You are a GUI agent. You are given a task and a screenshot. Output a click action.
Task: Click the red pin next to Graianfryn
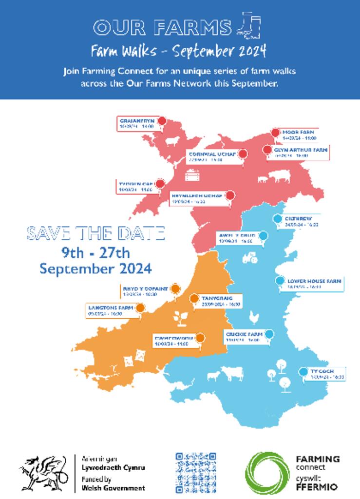[x=162, y=121]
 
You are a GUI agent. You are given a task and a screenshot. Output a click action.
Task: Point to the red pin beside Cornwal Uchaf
[x=243, y=154]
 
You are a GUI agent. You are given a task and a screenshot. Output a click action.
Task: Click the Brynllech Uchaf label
[x=197, y=198]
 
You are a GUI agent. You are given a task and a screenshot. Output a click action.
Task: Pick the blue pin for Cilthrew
[x=277, y=219]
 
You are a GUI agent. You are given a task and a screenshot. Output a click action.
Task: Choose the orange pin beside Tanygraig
[x=194, y=298]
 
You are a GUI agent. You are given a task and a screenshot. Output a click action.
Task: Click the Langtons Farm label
[x=111, y=310]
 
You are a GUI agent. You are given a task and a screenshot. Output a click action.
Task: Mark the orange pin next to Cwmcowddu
[x=200, y=337]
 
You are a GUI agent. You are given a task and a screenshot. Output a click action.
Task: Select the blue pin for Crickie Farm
[x=269, y=334]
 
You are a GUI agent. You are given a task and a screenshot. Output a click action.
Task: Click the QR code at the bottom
[x=195, y=472]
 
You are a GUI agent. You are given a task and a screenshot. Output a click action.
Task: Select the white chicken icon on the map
[x=253, y=317]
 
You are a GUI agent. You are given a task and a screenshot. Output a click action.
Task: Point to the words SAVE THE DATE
[x=95, y=233]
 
